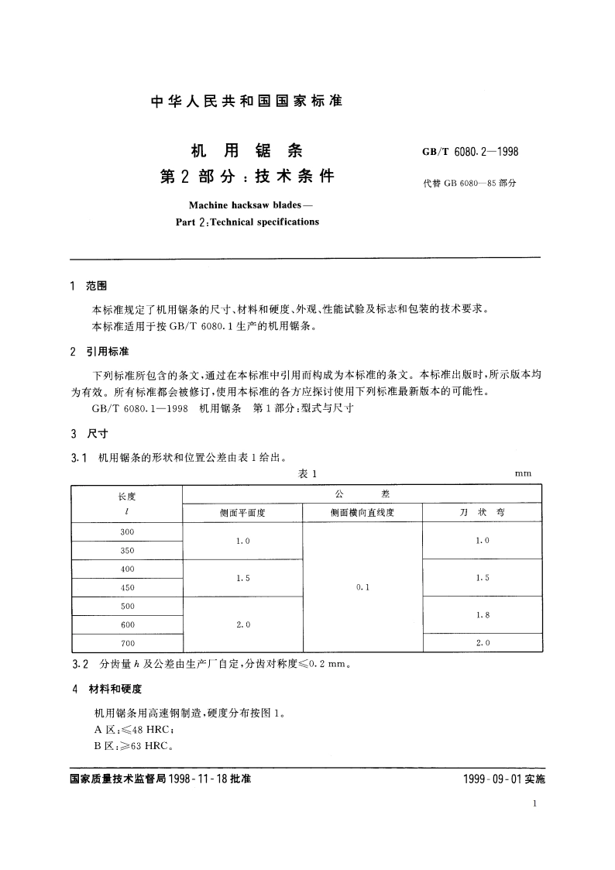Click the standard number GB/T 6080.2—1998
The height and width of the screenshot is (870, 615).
coord(469,151)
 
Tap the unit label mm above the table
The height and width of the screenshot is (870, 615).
coord(523,474)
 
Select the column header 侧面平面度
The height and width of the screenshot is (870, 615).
coord(242,513)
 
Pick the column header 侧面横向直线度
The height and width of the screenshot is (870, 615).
coord(362,513)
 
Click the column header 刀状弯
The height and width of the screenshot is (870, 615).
coord(482,513)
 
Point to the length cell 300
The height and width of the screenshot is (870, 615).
coord(127,531)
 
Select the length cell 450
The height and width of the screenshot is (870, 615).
coord(127,587)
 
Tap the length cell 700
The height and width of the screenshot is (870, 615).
coord(127,643)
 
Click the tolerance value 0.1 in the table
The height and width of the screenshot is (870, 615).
coord(362,587)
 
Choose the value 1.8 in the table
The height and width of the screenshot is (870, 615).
coord(482,615)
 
